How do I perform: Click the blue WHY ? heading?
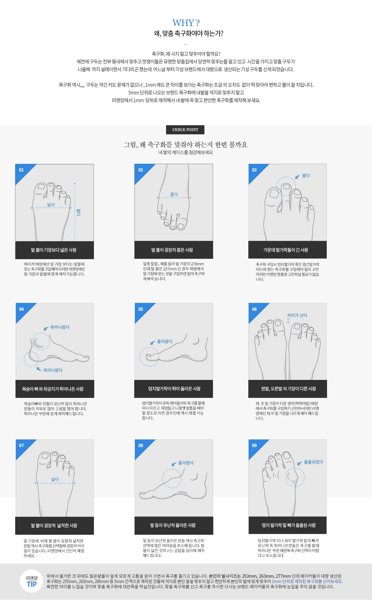tap(186, 23)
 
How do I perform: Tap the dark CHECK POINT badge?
tap(185, 130)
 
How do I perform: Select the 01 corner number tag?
tap(21, 170)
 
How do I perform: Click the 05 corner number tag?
tap(141, 309)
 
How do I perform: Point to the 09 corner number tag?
tap(255, 445)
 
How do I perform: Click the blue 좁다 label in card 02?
tap(174, 194)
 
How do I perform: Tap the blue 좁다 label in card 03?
tap(306, 176)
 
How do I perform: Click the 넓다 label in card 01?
tap(51, 205)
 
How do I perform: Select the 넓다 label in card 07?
tap(55, 479)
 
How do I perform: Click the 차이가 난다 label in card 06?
tap(297, 315)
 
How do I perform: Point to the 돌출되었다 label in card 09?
tap(313, 462)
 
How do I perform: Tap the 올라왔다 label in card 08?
tap(186, 463)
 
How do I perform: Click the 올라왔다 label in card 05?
tap(165, 341)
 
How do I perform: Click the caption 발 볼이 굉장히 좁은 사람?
tap(172, 250)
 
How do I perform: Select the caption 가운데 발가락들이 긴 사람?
tap(286, 250)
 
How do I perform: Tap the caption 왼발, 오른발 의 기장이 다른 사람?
tap(289, 389)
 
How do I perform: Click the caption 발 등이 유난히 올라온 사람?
tap(173, 525)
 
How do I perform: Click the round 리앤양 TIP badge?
tap(32, 581)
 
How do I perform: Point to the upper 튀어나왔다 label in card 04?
tap(60, 327)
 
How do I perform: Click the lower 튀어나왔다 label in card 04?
tap(53, 370)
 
